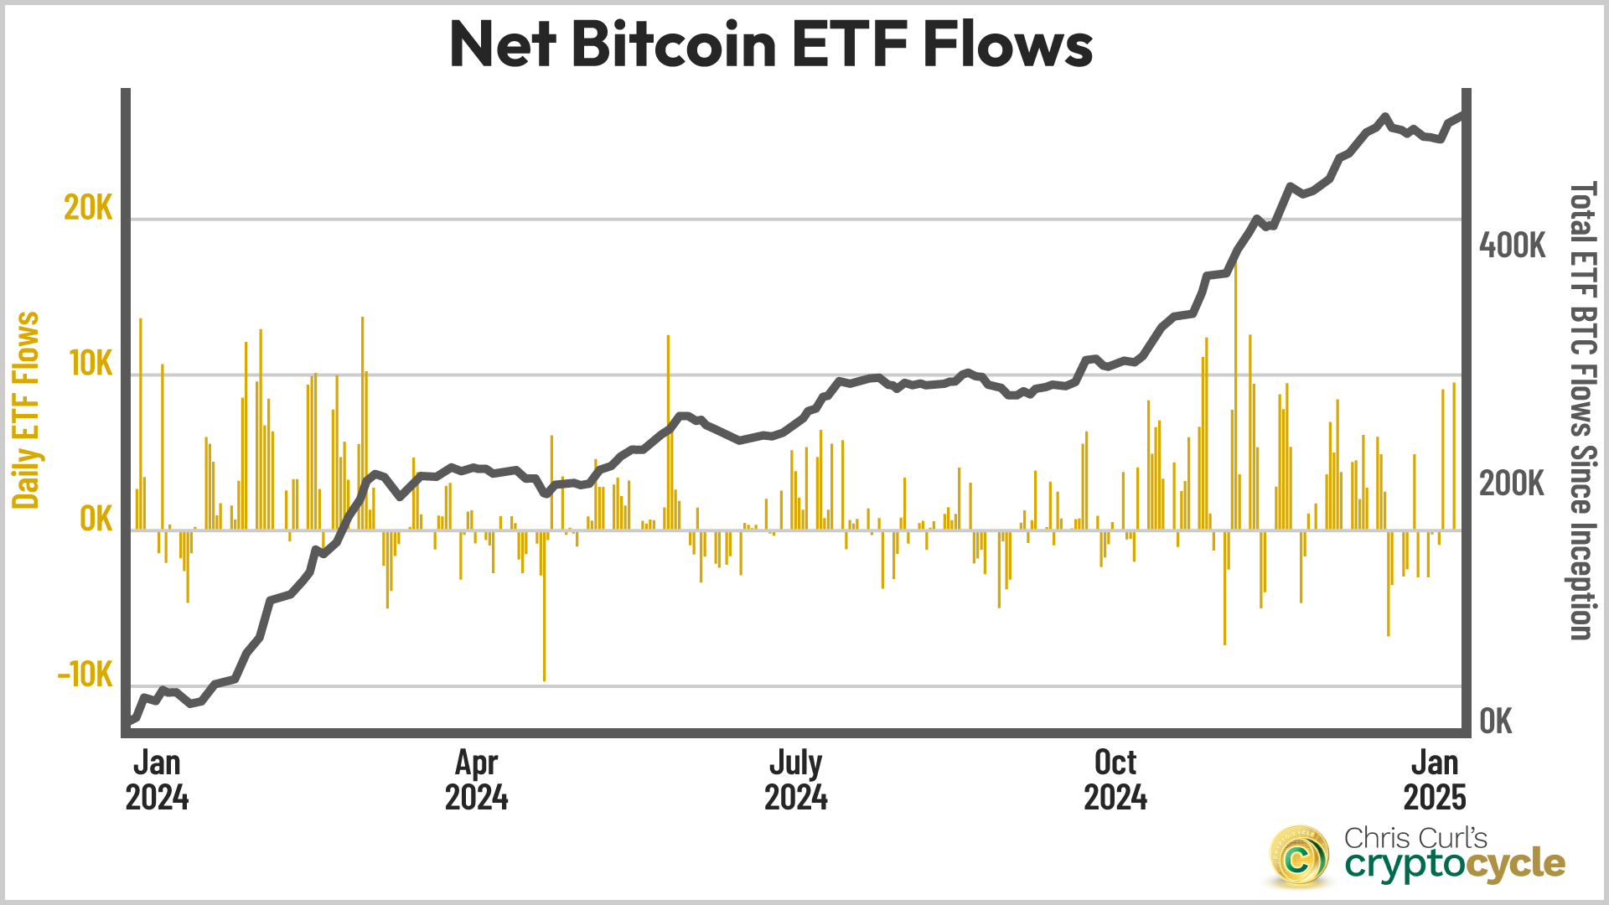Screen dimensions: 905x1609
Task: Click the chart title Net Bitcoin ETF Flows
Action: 771,44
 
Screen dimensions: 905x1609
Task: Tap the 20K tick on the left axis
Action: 88,208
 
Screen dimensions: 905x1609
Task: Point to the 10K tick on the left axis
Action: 91,364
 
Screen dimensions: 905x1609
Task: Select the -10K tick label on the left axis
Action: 85,675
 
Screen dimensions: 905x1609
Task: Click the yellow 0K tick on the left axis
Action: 96,520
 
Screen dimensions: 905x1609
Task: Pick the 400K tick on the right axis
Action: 1512,246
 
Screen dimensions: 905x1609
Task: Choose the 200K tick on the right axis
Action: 1512,484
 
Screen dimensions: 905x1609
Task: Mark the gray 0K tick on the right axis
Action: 1496,721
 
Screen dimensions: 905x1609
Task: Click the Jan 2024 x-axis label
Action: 157,779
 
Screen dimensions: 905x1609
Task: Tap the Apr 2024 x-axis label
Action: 476,779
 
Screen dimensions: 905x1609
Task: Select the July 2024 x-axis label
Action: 795,779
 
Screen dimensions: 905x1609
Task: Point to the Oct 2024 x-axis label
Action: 1115,779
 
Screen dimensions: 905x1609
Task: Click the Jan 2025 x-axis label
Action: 1435,779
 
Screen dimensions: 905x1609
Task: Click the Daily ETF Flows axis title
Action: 26,411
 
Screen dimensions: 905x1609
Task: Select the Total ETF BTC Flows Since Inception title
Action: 1581,411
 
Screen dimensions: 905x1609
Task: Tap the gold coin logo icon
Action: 1298,856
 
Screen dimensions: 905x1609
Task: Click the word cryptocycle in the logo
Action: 1455,864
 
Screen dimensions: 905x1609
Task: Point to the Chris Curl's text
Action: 1415,837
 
